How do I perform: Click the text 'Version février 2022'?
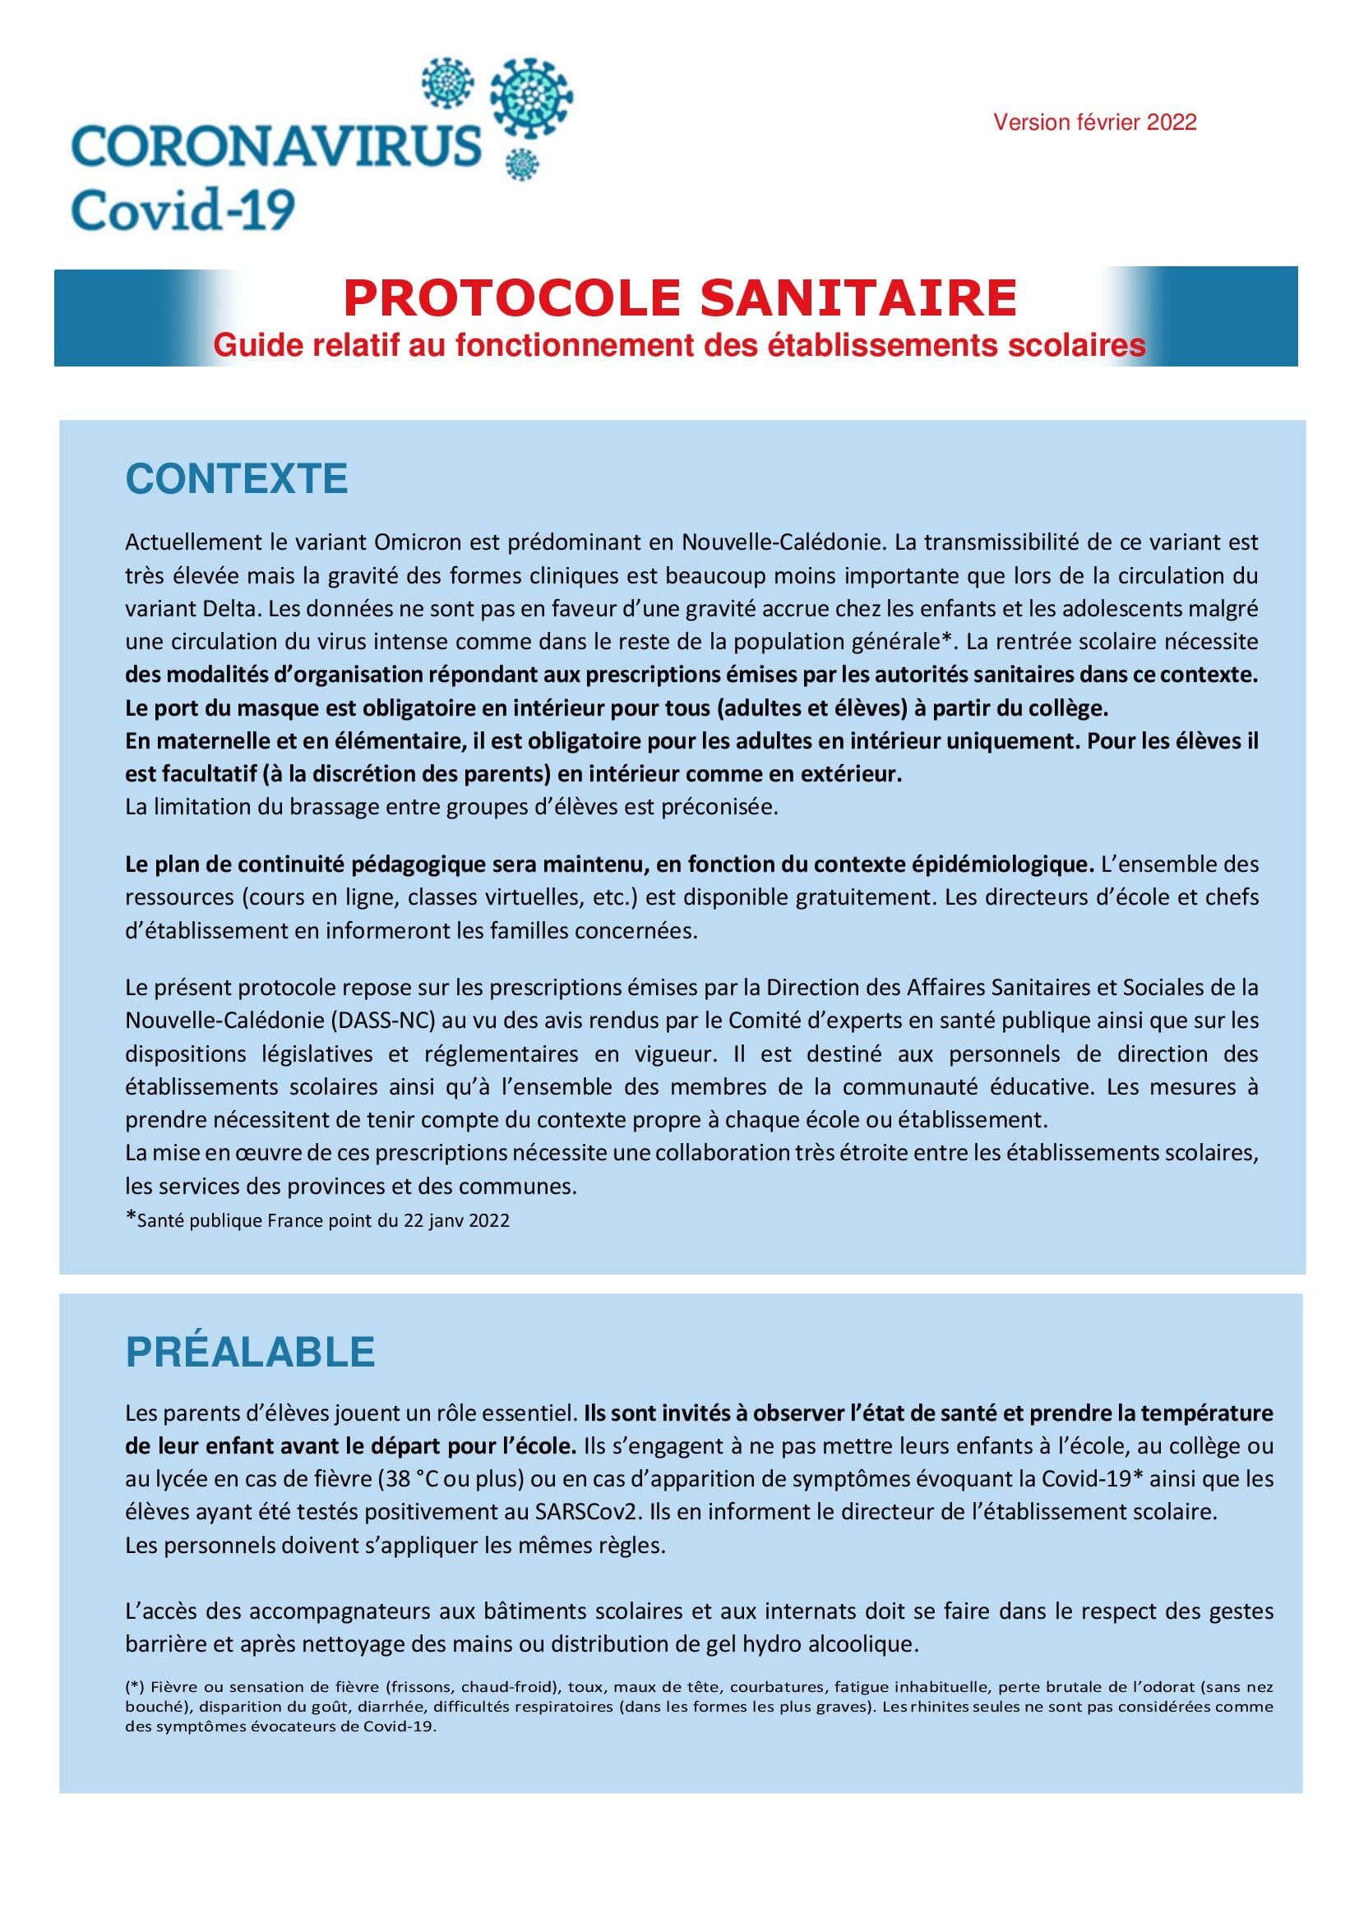coord(1094,122)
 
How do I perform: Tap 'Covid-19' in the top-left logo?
coord(183,209)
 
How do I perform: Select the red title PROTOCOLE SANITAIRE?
coord(680,298)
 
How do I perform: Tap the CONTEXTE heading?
coord(236,479)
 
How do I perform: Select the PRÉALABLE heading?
coord(250,1352)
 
